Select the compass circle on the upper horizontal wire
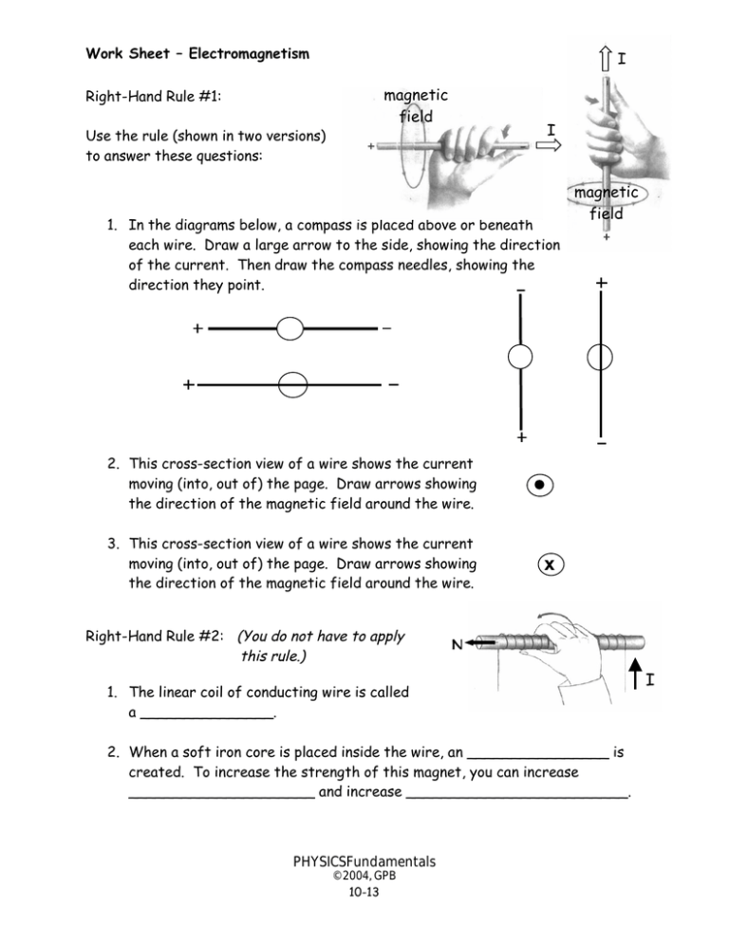click(x=291, y=329)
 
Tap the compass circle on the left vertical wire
click(x=520, y=357)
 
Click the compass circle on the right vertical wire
click(x=600, y=357)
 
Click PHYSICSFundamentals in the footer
click(x=364, y=861)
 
